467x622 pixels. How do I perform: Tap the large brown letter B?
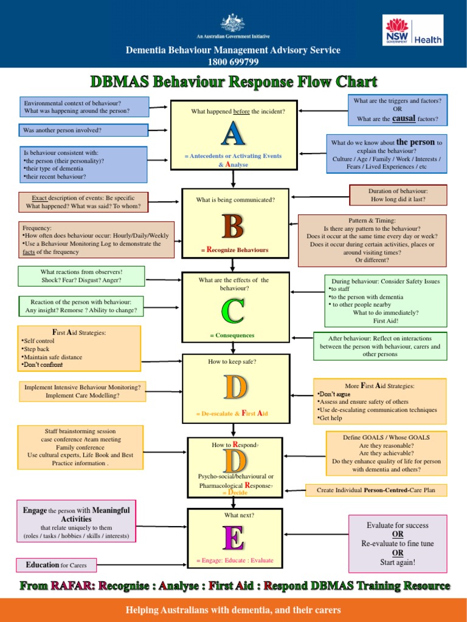(x=233, y=224)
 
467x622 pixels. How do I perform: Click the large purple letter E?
(x=233, y=538)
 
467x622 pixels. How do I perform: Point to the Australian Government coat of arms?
(x=233, y=22)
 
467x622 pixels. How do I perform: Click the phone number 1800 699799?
(x=233, y=61)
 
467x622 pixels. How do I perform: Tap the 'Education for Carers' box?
(x=56, y=565)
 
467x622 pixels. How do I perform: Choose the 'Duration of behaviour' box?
(x=398, y=195)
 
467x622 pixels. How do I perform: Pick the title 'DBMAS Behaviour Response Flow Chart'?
(x=233, y=81)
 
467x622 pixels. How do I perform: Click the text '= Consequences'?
(x=232, y=335)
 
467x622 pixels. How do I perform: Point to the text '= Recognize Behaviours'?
(x=234, y=250)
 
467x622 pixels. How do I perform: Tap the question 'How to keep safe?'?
(x=232, y=362)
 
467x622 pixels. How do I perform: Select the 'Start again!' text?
(x=398, y=562)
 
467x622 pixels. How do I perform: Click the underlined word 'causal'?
(x=404, y=118)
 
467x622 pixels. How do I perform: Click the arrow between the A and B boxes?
(x=233, y=179)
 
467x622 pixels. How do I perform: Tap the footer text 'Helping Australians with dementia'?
(x=233, y=610)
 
